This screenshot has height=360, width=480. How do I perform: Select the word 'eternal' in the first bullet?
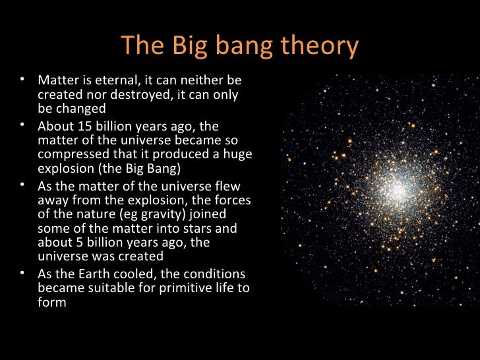pyautogui.click(x=115, y=80)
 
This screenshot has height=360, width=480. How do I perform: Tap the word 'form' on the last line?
pyautogui.click(x=52, y=303)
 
